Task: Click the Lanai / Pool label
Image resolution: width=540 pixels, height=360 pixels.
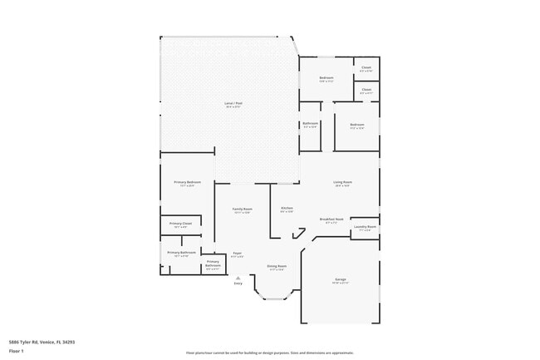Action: pyautogui.click(x=233, y=104)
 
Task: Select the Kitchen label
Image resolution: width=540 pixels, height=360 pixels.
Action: pyautogui.click(x=287, y=209)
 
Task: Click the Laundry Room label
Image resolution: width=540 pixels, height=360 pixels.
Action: pyautogui.click(x=366, y=227)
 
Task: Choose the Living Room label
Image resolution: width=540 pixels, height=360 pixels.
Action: pyautogui.click(x=342, y=182)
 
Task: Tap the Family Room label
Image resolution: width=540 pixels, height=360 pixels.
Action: pyautogui.click(x=242, y=210)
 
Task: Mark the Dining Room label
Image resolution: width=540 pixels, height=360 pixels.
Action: pyautogui.click(x=276, y=266)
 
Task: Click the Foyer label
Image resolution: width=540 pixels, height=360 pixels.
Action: pyautogui.click(x=237, y=254)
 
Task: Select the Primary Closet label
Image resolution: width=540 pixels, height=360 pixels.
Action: pyautogui.click(x=180, y=224)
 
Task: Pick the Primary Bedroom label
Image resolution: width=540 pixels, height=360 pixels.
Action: pyautogui.click(x=187, y=182)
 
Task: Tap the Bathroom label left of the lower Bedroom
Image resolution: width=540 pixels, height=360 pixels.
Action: pyautogui.click(x=310, y=124)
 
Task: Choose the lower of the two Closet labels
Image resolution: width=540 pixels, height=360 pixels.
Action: pyautogui.click(x=366, y=90)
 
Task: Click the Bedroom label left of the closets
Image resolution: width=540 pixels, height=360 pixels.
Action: pyautogui.click(x=326, y=78)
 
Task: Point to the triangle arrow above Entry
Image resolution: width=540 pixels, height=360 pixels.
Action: pyautogui.click(x=238, y=278)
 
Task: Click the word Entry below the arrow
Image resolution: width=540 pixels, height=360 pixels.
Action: pyautogui.click(x=238, y=284)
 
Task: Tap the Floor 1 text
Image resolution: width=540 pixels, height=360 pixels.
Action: pyautogui.click(x=16, y=351)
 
